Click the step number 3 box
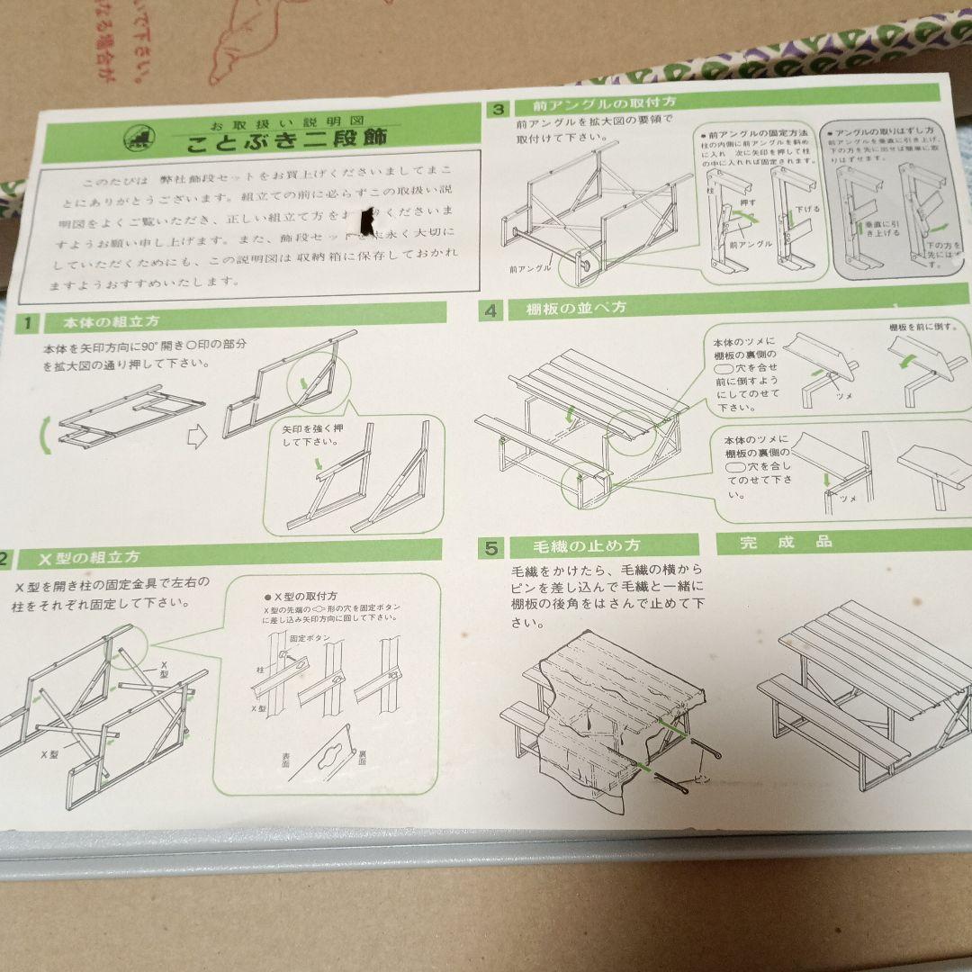pos(496,109)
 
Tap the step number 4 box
pos(490,311)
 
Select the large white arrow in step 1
pos(197,436)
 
